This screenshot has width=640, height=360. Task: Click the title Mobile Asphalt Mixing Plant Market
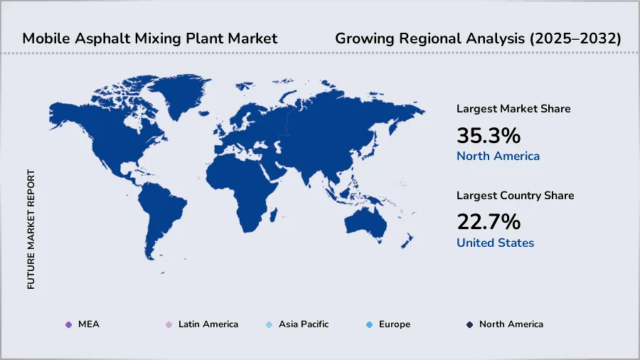tap(149, 38)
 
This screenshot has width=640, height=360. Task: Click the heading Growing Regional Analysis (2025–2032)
tap(478, 38)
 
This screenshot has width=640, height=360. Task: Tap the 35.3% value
tap(489, 135)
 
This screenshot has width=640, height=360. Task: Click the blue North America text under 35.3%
tap(498, 157)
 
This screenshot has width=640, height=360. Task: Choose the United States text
tap(495, 243)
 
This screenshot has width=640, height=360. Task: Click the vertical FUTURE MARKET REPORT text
tap(31, 229)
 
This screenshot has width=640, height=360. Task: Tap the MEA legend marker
tap(68, 324)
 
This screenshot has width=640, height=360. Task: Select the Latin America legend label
tap(208, 324)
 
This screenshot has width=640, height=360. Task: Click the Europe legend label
tap(394, 324)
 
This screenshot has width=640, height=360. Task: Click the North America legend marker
tap(470, 324)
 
